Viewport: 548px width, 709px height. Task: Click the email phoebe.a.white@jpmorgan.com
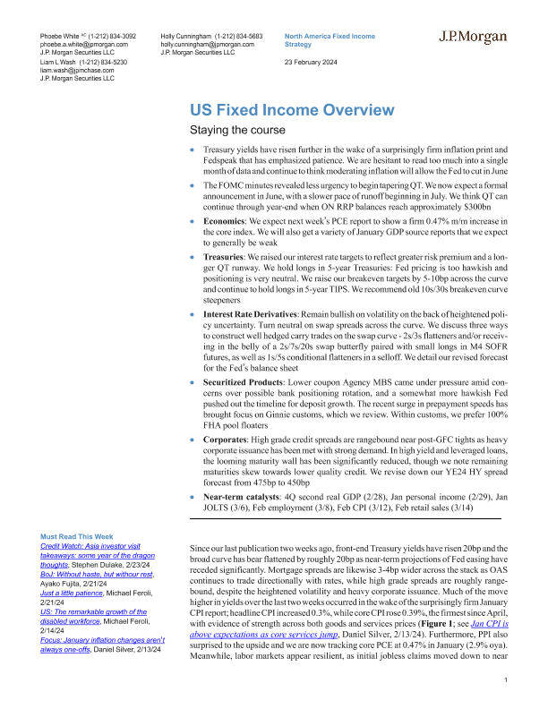tap(85, 43)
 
